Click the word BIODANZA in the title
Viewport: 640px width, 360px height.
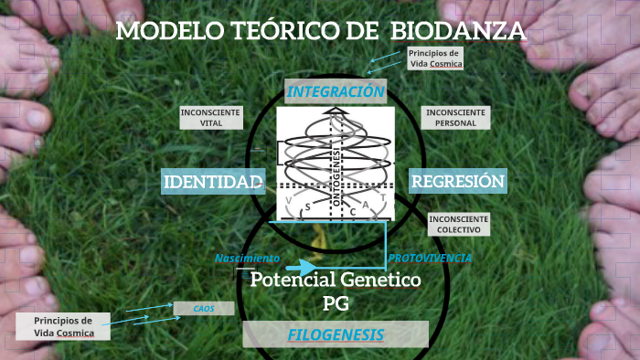point(458,32)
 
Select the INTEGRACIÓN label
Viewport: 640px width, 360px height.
point(336,91)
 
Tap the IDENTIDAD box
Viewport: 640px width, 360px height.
point(213,182)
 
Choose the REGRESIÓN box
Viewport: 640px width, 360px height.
point(458,182)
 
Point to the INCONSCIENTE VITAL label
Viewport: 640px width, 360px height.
point(210,117)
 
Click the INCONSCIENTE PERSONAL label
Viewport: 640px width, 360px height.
point(455,117)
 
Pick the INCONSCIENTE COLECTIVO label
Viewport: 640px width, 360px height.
point(458,224)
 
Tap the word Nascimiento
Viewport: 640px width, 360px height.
point(247,259)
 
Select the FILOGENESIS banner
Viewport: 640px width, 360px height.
point(336,334)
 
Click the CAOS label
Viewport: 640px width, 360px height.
point(203,309)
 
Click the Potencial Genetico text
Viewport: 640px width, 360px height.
point(336,280)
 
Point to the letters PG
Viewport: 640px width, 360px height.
point(336,302)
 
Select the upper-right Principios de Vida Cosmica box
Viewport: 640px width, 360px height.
point(435,58)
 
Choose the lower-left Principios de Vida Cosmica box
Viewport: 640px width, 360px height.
point(63,326)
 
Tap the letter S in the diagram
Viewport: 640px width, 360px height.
point(308,206)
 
